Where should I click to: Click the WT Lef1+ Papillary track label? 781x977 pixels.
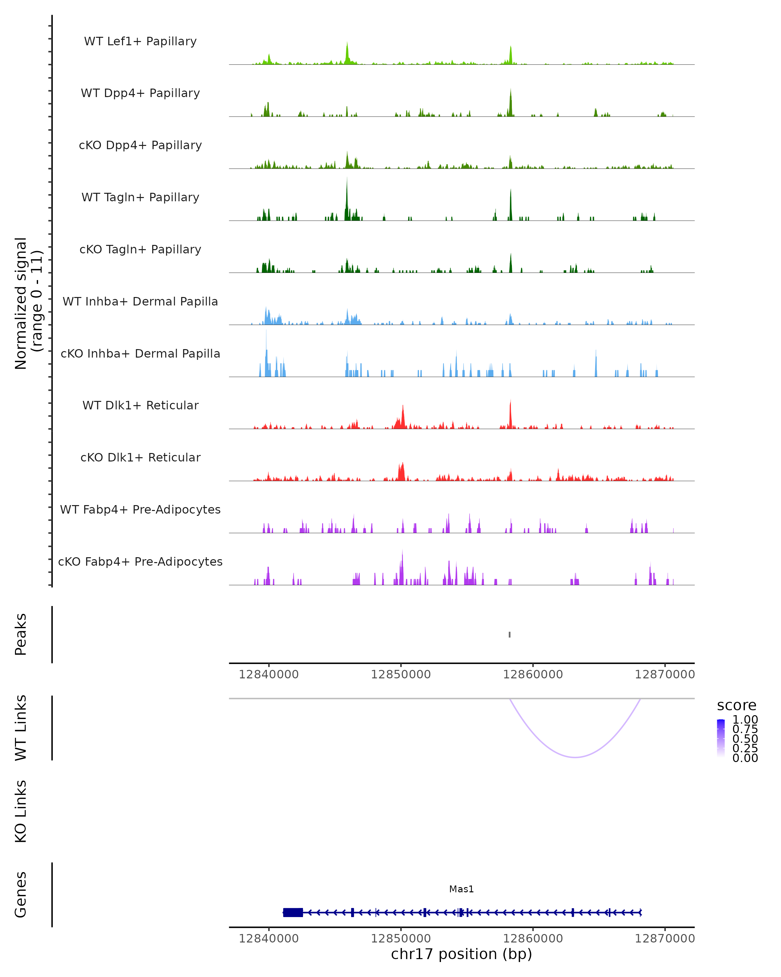[x=140, y=41]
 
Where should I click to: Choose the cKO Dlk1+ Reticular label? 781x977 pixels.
[x=140, y=457]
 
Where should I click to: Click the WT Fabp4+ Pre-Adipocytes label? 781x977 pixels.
[x=140, y=509]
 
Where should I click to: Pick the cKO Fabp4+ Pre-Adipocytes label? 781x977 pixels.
[x=140, y=561]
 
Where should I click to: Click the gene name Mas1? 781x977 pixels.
[x=461, y=889]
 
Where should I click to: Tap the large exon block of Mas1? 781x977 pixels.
[x=293, y=913]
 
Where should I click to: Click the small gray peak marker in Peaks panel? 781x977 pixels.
[x=510, y=634]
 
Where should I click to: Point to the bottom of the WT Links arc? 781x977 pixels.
[x=575, y=757]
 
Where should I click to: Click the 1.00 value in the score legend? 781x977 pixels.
[x=745, y=720]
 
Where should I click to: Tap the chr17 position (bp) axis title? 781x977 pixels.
[x=461, y=954]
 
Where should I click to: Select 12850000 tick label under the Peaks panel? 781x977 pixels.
[x=401, y=674]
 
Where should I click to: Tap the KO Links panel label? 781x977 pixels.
[x=21, y=811]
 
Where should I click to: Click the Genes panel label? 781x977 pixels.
[x=21, y=895]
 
